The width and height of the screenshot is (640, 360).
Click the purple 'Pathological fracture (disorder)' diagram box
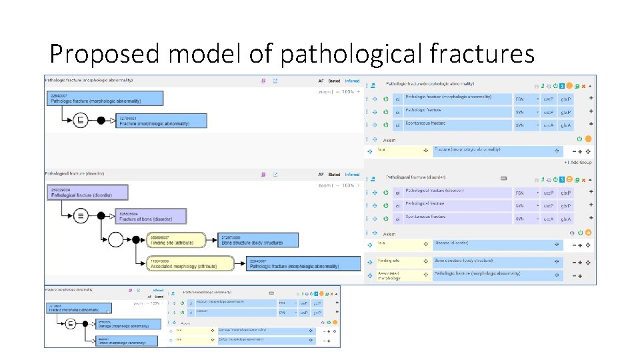[88, 193]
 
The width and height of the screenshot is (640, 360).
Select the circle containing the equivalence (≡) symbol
[80, 215]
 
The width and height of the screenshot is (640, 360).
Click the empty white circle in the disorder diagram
[115, 239]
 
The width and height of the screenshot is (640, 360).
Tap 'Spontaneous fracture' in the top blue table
[457, 124]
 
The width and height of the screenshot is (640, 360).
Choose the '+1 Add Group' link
[577, 163]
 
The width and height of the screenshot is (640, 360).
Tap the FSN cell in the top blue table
[520, 99]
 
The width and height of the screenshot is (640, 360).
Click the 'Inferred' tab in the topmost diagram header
[352, 81]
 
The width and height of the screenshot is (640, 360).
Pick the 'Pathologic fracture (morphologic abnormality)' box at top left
[105, 99]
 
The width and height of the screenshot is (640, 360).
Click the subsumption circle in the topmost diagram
[81, 120]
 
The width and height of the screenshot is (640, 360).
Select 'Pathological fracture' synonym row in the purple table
[457, 205]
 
